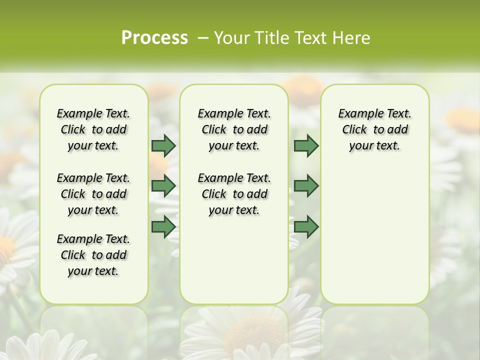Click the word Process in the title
154,38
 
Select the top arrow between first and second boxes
163,146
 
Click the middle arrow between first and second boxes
163,186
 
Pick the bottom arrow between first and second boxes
163,227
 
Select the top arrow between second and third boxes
306,146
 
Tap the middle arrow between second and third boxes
306,186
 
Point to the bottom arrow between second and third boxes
306,227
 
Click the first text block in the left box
93,129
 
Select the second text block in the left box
93,194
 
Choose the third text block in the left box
93,255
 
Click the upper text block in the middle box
234,129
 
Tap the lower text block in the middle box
234,194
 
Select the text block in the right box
374,129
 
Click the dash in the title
203,38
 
